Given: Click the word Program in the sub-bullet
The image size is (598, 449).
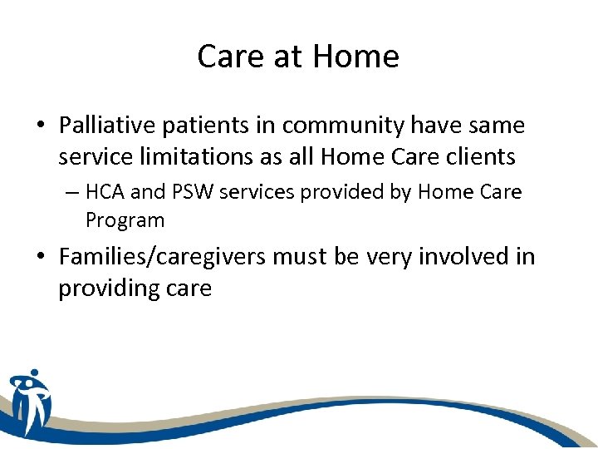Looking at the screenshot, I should coord(125,220).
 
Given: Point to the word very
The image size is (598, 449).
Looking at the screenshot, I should coord(383,257).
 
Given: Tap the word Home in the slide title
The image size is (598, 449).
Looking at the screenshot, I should coord(356,57).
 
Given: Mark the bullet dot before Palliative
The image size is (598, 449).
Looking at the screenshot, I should coord(41,126).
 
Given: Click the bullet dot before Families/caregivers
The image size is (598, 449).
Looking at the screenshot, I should coord(41,257).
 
